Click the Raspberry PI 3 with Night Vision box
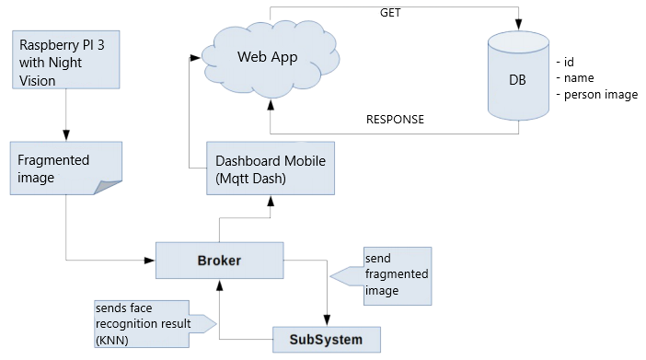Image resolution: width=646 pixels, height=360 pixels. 66,59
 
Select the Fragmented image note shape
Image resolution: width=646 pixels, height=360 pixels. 66,168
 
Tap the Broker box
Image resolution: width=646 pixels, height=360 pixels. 220,261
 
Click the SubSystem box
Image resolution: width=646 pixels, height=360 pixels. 327,340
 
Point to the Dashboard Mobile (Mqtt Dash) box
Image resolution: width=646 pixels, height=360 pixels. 271,168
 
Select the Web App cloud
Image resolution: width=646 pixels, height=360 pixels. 271,58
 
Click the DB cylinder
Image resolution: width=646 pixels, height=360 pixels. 518,75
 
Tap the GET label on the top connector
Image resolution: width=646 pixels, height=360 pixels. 390,13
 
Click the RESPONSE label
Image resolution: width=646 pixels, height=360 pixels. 395,120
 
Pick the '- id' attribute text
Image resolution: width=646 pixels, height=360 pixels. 565,63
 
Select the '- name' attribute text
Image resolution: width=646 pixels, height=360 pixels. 575,78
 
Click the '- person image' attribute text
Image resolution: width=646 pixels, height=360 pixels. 597,95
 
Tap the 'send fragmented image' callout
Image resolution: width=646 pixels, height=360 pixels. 381,276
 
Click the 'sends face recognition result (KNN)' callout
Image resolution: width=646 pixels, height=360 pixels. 156,324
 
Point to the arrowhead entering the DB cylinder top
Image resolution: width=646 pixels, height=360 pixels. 518,25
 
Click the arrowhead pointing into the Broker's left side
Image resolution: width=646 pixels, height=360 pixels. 149,261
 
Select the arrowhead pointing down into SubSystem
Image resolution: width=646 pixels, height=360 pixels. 327,320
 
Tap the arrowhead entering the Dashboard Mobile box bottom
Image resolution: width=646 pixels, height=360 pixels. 271,202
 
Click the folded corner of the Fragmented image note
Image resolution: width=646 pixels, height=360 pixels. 108,187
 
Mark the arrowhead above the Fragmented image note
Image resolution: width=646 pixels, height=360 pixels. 66,135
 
